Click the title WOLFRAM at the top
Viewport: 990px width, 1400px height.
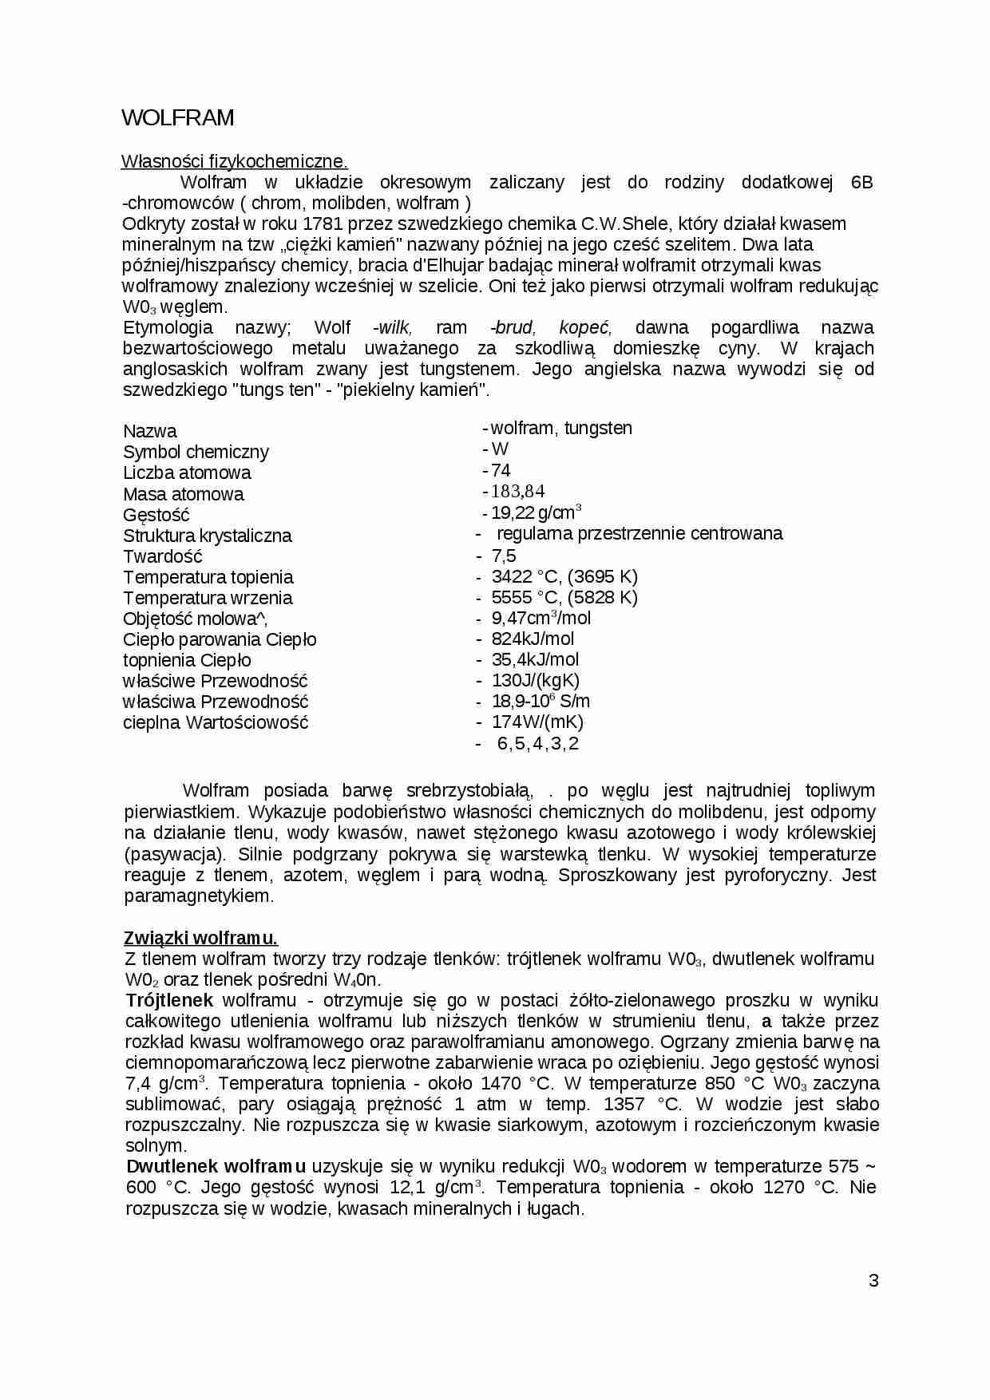tap(177, 118)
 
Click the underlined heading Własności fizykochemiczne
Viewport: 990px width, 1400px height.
tap(234, 161)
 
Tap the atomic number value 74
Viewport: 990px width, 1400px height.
tap(501, 470)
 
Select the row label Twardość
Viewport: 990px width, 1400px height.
tap(163, 556)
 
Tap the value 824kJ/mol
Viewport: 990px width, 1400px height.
tap(533, 639)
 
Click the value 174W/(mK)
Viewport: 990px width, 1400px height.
tap(537, 722)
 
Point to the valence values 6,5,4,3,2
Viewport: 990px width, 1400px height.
tap(537, 744)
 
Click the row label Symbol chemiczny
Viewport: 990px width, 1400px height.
tap(196, 452)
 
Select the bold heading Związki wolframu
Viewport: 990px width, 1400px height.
tap(201, 938)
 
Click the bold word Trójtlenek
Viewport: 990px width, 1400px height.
tap(169, 1000)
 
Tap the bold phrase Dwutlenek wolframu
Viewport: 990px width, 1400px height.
tap(216, 1166)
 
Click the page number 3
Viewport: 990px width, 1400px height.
tap(873, 1280)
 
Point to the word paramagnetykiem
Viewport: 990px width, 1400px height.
tap(199, 896)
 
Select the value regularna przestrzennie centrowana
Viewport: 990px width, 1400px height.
tap(639, 533)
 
